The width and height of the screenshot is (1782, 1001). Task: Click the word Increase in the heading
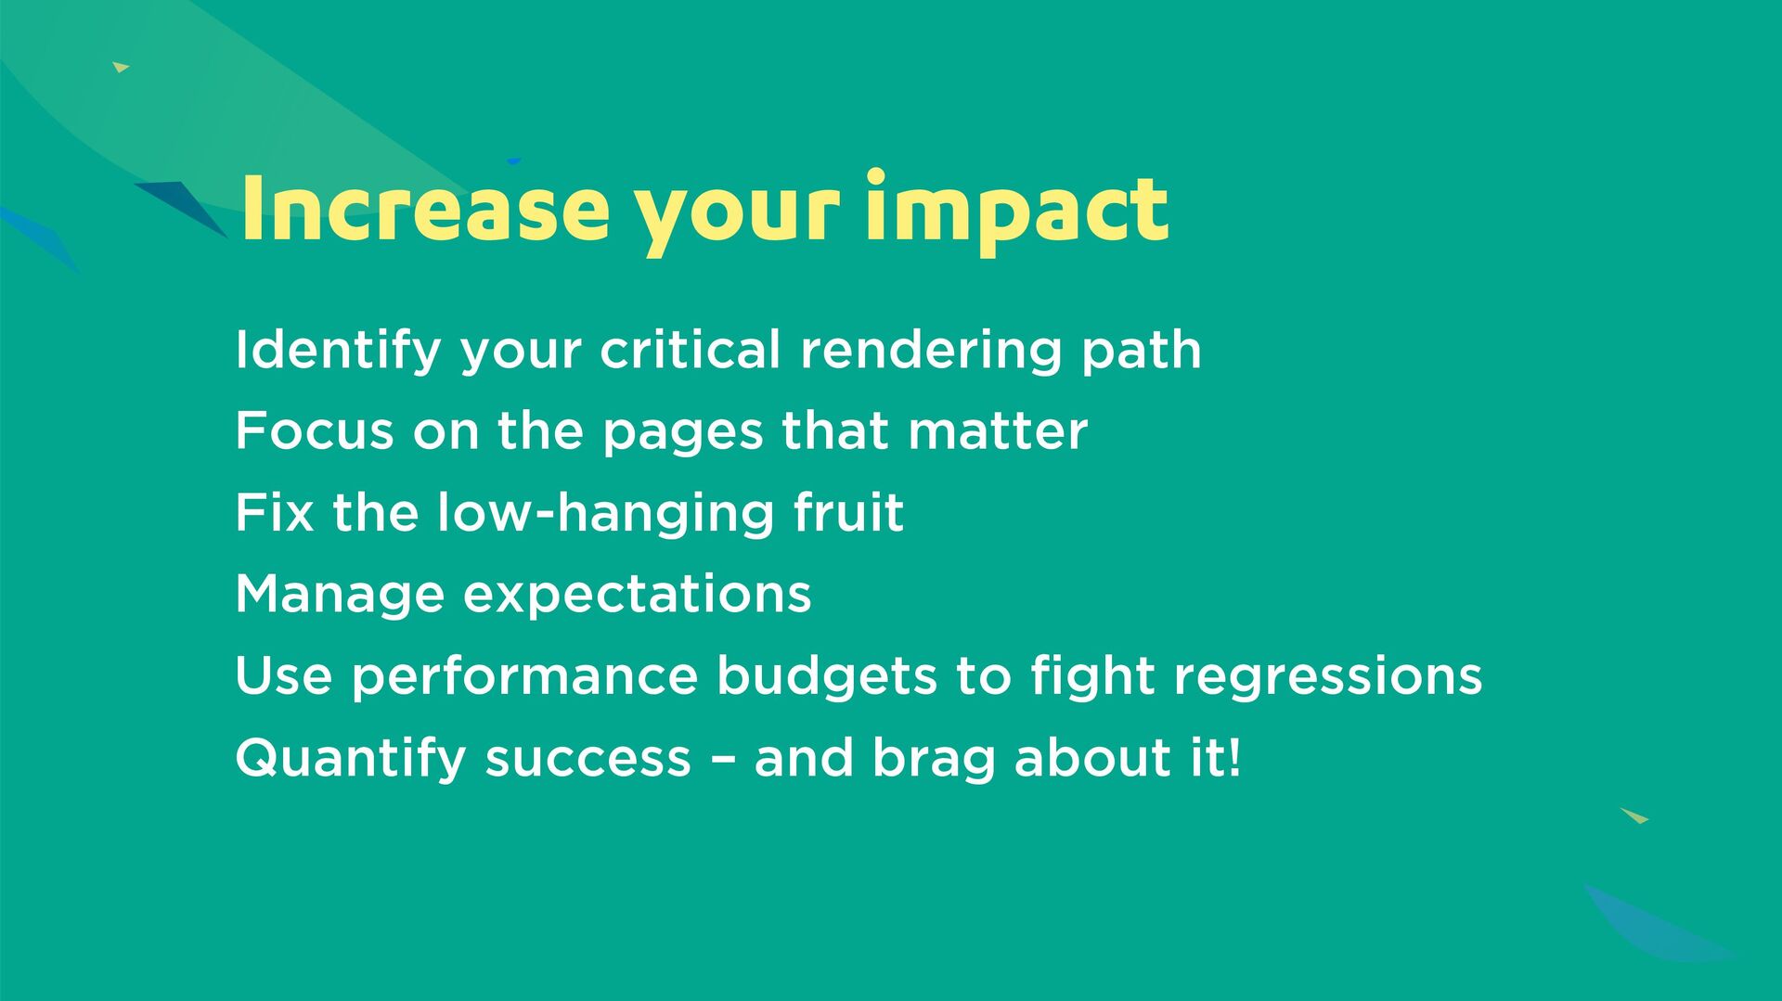pyautogui.click(x=425, y=209)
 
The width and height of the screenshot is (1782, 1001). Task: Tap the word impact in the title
pyautogui.click(x=1016, y=213)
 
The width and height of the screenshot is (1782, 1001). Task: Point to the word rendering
pyautogui.click(x=931, y=352)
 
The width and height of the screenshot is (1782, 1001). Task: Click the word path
pyautogui.click(x=1142, y=351)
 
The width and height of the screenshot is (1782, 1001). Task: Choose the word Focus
pyautogui.click(x=315, y=431)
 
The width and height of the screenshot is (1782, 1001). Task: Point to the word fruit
pyautogui.click(x=848, y=512)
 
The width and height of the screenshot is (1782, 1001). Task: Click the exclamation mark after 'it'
pyautogui.click(x=1233, y=757)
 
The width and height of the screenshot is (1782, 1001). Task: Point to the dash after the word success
pyautogui.click(x=724, y=760)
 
